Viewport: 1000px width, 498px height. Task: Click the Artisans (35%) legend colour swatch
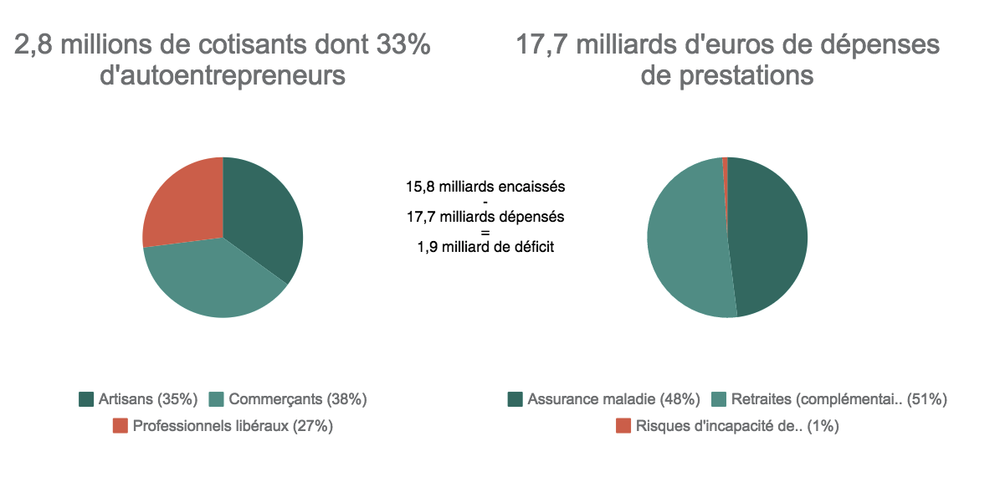[86, 399]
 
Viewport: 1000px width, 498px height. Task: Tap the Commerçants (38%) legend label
[297, 399]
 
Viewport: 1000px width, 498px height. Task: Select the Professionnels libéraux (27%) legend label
[233, 426]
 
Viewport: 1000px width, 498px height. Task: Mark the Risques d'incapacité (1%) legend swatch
[623, 426]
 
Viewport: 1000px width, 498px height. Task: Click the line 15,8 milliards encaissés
[485, 186]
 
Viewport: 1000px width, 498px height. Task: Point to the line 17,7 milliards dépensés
[485, 217]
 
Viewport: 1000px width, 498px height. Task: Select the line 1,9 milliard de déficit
[485, 247]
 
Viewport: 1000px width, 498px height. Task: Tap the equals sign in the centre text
[485, 232]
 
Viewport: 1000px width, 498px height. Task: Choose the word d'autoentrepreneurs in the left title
[223, 75]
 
